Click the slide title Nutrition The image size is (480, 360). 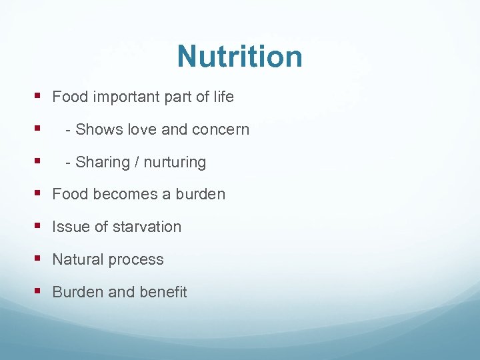(x=239, y=57)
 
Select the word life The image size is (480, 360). (x=223, y=97)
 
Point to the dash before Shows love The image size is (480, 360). (x=69, y=130)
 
